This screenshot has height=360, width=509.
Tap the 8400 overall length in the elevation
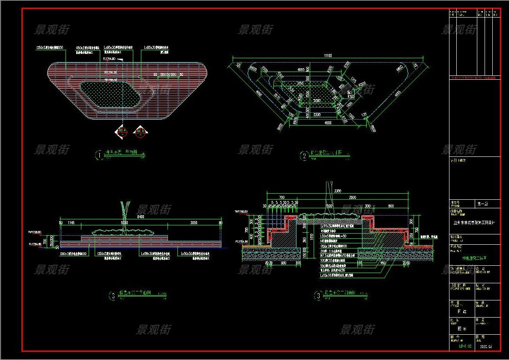[141, 217]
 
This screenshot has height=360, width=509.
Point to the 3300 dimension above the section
[337, 191]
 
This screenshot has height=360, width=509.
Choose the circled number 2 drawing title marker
[304, 156]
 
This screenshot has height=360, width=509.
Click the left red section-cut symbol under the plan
[121, 132]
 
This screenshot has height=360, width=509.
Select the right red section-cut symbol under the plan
[139, 132]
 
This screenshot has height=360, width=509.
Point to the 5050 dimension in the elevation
[124, 223]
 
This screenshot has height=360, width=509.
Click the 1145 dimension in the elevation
[71, 223]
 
